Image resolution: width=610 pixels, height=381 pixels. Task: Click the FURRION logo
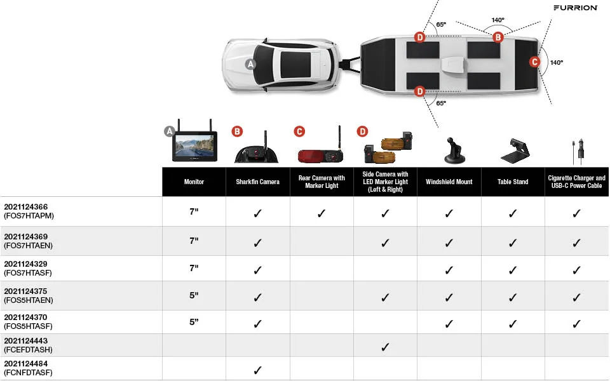[575, 8]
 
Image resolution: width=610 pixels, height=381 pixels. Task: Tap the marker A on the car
[250, 64]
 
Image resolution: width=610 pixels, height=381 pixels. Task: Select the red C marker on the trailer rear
[534, 62]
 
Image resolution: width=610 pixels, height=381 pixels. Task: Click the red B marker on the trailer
[498, 37]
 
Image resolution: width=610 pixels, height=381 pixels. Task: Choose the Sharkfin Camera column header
[258, 182]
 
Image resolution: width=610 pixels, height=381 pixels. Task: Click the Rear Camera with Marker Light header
[322, 182]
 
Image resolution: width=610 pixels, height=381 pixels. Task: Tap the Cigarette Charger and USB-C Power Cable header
[577, 182]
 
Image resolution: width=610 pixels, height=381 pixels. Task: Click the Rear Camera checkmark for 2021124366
[322, 213]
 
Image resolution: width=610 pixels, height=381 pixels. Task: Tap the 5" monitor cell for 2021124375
[194, 295]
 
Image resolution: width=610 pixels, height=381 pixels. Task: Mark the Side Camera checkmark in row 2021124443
[385, 347]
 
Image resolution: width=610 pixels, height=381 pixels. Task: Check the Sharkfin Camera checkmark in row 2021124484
[258, 370]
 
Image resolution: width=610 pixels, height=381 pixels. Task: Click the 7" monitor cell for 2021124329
[194, 269]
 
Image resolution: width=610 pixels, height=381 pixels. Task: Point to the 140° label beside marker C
[557, 63]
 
